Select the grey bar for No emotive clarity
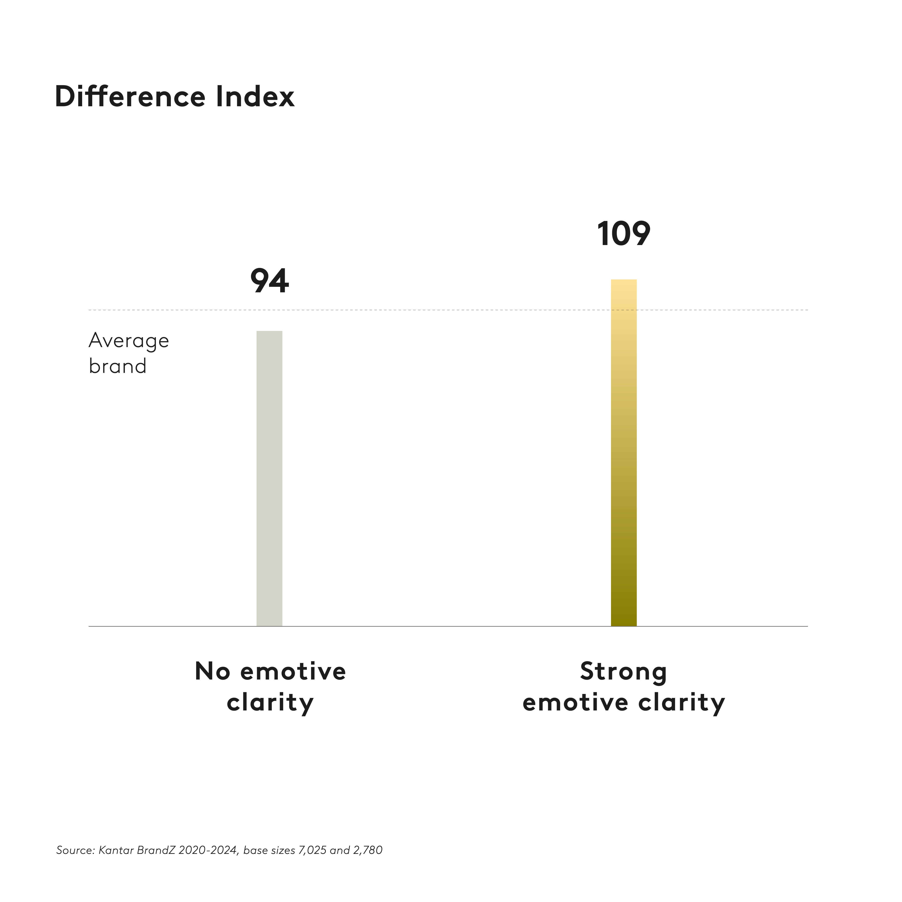pos(269,479)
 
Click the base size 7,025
pos(312,850)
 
